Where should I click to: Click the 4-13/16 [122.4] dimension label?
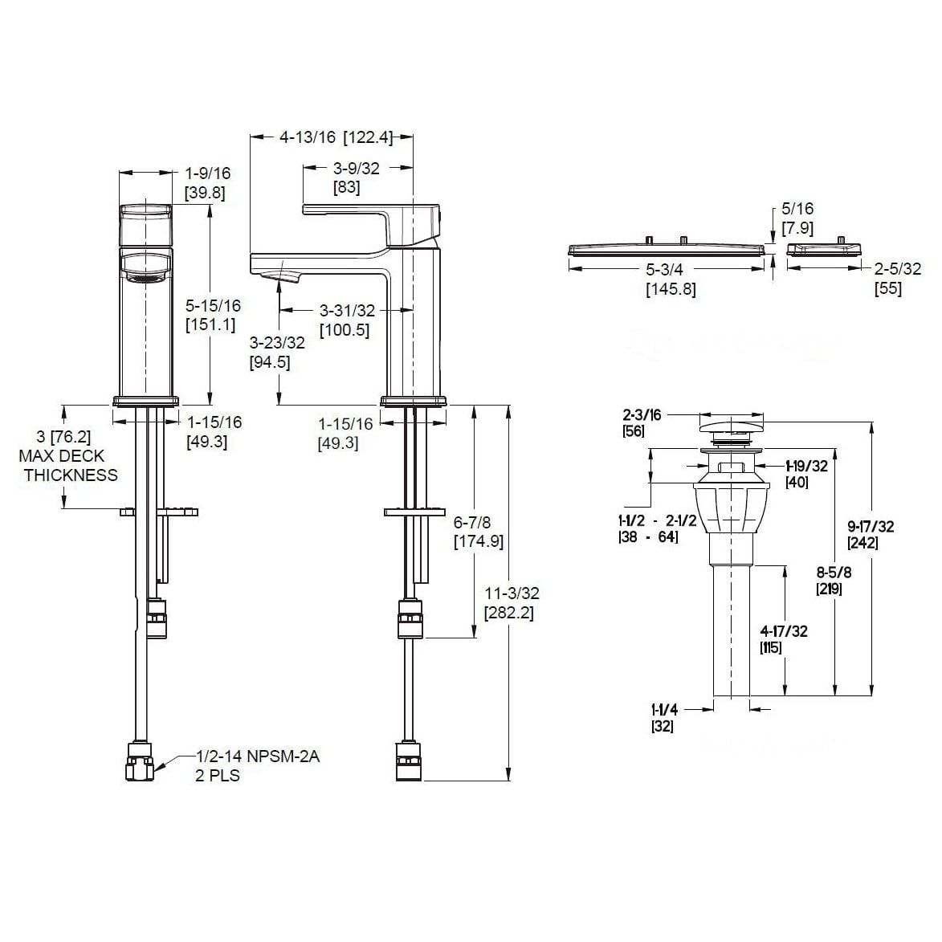[x=336, y=137]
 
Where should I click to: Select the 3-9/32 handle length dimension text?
[x=357, y=177]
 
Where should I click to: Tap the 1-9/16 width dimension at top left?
[x=207, y=183]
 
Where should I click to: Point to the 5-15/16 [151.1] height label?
[x=213, y=315]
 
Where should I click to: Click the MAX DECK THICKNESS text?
[x=68, y=466]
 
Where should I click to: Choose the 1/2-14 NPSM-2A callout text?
[x=257, y=756]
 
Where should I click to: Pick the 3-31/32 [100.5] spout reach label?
[x=347, y=320]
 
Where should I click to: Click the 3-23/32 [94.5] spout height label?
[x=277, y=353]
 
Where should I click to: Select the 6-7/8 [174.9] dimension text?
[x=478, y=532]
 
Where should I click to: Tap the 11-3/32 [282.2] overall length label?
[x=512, y=602]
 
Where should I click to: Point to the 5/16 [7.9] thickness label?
[x=797, y=218]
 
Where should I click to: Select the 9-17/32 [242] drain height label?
[x=871, y=535]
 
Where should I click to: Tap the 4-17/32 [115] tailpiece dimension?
[x=784, y=639]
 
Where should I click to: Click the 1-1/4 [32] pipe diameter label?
[x=664, y=718]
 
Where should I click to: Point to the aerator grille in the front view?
[x=145, y=278]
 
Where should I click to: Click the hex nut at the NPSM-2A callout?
[x=140, y=762]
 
